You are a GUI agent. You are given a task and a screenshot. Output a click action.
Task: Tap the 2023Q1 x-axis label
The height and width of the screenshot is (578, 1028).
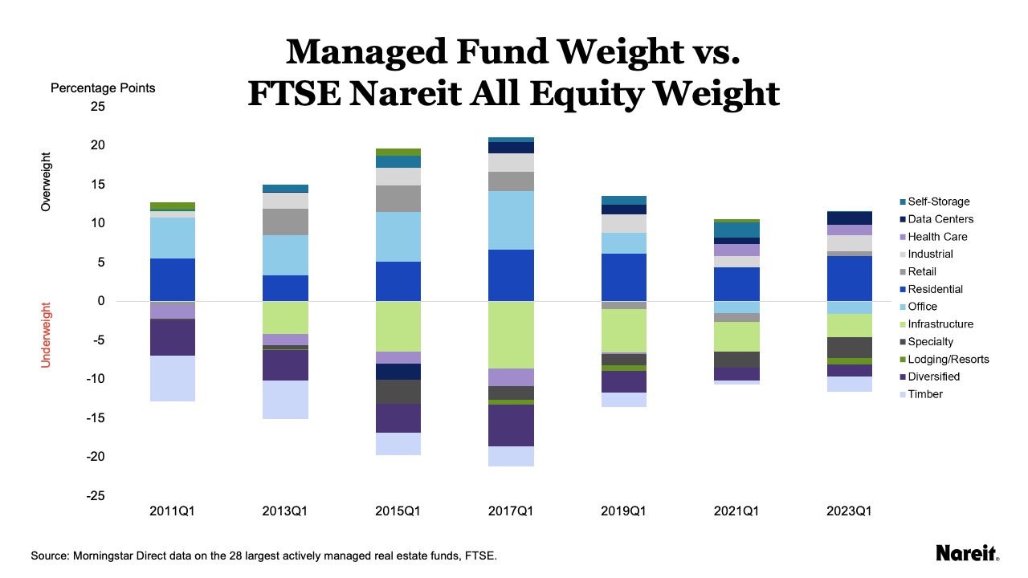coord(849,511)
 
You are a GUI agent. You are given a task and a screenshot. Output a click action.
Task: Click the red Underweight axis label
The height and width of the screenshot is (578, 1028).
coord(46,335)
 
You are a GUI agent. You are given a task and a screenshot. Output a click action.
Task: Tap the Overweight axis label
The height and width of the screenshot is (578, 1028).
coord(46,182)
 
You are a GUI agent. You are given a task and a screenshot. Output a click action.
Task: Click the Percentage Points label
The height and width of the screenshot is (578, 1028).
coord(103,88)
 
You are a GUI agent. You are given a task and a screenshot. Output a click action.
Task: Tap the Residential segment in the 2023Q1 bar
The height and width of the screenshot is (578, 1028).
coord(849,279)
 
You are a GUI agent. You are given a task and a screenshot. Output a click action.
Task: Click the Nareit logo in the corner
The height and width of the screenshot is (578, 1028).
coord(967,553)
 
